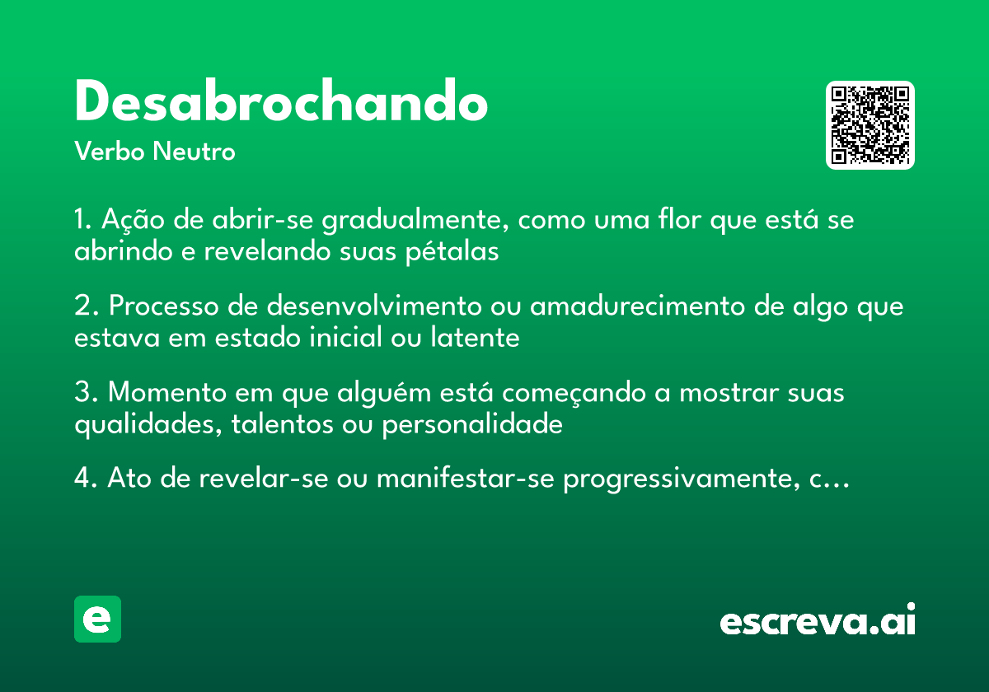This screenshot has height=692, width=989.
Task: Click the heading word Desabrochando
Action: (281, 103)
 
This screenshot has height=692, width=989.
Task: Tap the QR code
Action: (870, 125)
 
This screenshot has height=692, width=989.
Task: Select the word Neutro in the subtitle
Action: (194, 152)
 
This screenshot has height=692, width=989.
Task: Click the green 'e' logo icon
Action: (97, 620)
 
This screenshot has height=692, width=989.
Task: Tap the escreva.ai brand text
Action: (818, 621)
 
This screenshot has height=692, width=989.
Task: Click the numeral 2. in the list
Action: (86, 307)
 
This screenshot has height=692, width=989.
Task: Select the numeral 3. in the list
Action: (86, 394)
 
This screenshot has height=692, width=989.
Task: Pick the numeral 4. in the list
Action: (86, 480)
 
